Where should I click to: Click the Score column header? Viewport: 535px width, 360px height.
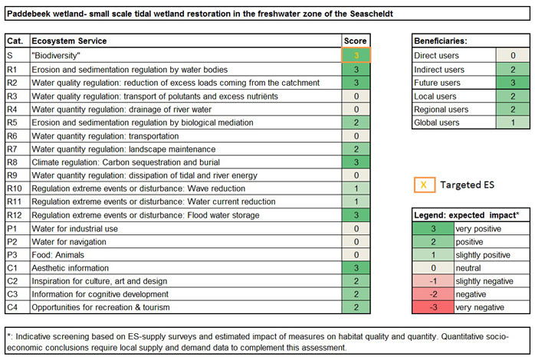coord(356,41)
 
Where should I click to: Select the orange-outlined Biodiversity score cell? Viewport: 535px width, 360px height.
coord(356,55)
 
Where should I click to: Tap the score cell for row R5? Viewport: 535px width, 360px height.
coord(356,122)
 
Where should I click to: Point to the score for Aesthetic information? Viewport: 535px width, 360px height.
coord(356,267)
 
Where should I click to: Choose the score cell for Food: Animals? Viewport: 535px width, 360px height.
coord(356,254)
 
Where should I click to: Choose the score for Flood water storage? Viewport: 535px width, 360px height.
coord(356,214)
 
